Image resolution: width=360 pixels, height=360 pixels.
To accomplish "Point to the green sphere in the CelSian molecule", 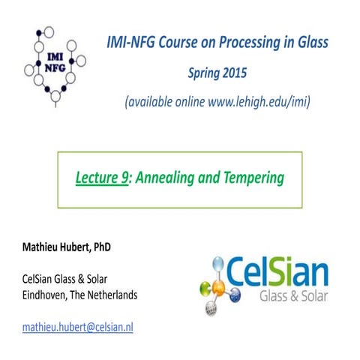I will click(x=203, y=285).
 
